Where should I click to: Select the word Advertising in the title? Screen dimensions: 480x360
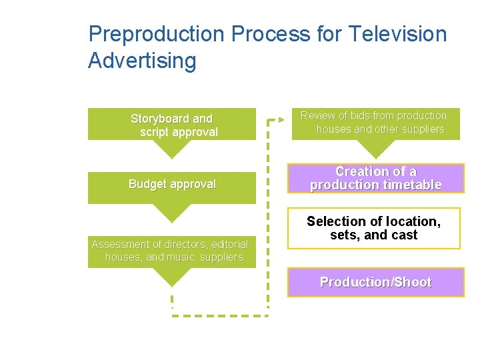[142, 61]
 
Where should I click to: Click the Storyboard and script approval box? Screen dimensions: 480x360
[172, 125]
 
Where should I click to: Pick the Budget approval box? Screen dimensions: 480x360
[172, 187]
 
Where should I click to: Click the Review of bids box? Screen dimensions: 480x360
[375, 123]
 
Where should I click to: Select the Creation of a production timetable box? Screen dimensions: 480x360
[375, 179]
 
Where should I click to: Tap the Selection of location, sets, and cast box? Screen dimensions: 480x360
[373, 229]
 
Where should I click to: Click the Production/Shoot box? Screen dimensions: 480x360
[375, 282]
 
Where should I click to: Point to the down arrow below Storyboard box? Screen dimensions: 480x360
[172, 149]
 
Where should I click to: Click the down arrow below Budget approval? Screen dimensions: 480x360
[172, 213]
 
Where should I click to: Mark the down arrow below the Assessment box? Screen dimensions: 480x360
[172, 277]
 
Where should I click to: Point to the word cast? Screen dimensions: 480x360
[405, 235]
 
